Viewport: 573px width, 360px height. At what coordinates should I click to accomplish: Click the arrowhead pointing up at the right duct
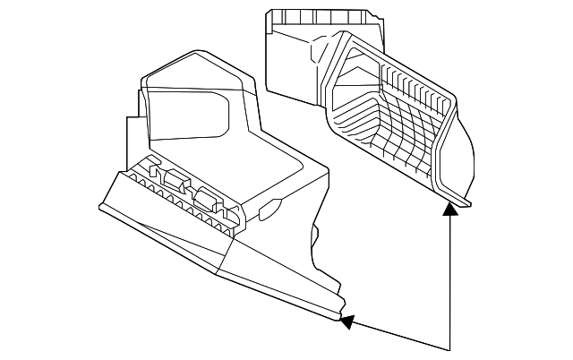coord(450,209)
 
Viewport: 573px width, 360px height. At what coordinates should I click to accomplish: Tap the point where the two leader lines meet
coord(450,348)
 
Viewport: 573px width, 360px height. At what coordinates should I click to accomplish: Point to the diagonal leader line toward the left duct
coord(398,334)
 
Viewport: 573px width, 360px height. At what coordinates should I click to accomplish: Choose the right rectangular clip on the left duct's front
coord(209,198)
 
